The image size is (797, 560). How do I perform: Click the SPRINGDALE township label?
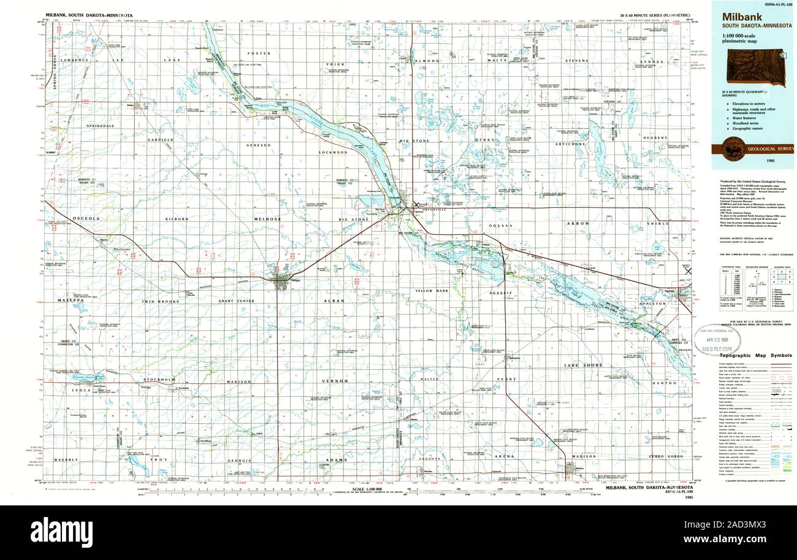(101, 125)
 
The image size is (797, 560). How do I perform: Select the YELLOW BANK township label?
(432, 290)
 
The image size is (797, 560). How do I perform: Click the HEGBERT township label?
(655, 138)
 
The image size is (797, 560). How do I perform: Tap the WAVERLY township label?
(66, 459)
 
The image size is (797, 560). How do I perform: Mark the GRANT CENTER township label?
(237, 301)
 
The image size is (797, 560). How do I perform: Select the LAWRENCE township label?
(78, 60)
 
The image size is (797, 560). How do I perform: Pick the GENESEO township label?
(258, 145)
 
